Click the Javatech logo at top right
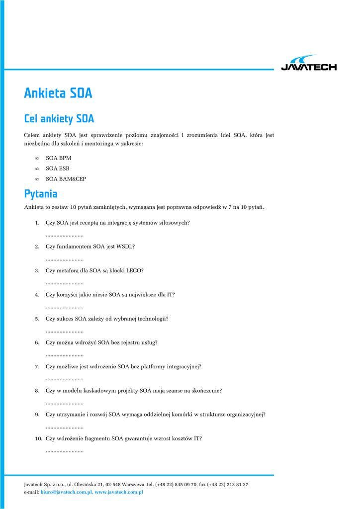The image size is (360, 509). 308,64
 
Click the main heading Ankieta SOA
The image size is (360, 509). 58,93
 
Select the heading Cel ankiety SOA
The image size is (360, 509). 59,119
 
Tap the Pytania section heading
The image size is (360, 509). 41,193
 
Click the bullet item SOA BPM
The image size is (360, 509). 58,158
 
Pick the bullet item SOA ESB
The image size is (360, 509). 58,169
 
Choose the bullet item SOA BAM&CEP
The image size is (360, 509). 66,179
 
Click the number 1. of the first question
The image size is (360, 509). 37,223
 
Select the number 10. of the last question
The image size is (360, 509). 38,438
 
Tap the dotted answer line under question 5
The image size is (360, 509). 65,331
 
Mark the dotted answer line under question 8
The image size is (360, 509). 65,403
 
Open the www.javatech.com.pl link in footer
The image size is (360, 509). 119,492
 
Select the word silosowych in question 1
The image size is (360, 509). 174,223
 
